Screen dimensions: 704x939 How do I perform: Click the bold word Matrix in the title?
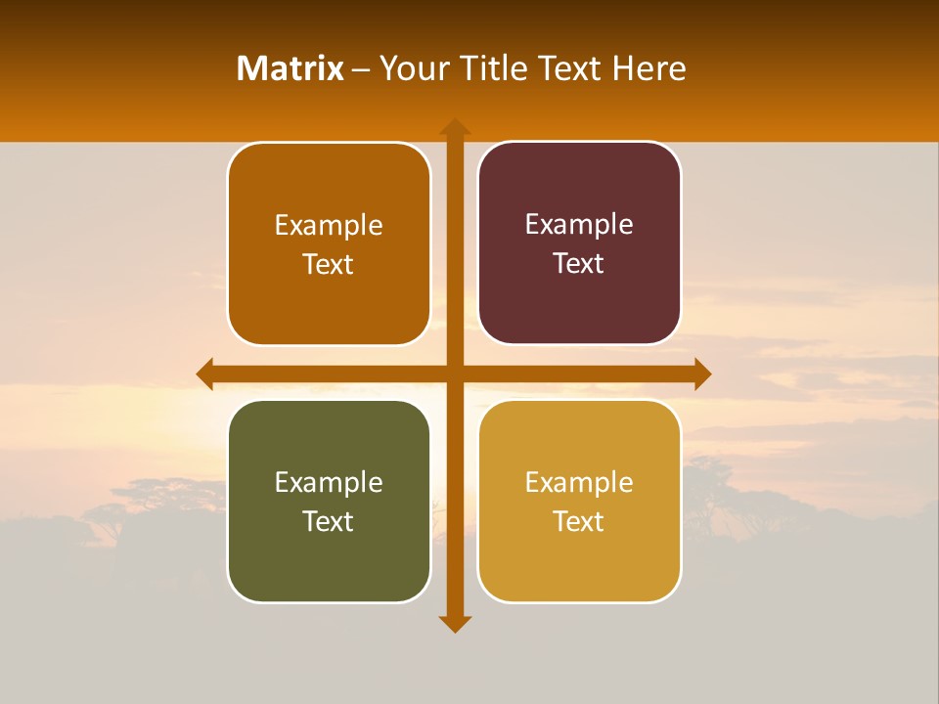[x=291, y=68]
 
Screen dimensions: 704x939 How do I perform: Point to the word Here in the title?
[x=649, y=68]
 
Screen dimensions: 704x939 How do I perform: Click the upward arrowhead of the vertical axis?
[x=455, y=126]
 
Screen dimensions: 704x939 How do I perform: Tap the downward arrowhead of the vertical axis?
[x=455, y=624]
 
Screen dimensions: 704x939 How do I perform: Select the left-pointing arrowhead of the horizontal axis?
[x=205, y=374]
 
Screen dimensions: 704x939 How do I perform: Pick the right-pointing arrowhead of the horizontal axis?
[x=702, y=374]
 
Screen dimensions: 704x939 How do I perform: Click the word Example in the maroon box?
[x=579, y=225]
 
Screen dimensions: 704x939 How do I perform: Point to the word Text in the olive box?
[x=328, y=521]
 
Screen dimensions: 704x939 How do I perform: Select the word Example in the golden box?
[x=579, y=482]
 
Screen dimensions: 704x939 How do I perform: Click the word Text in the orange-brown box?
[x=328, y=264]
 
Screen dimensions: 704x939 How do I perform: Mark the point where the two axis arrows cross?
[x=455, y=374]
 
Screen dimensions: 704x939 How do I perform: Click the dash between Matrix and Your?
[x=362, y=69]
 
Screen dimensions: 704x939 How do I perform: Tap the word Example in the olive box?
[x=329, y=482]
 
